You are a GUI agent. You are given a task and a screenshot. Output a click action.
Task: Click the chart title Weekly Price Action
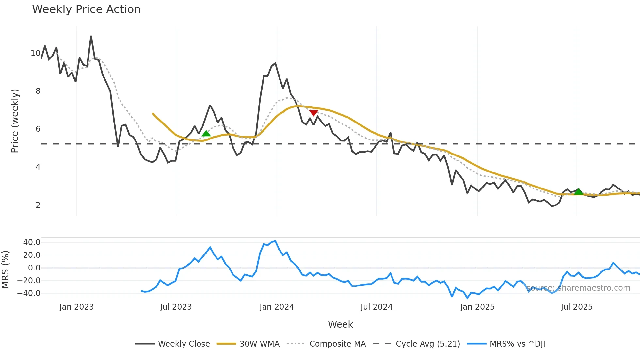tap(86, 9)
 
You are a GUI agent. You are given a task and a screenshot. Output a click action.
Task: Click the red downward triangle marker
tap(313, 113)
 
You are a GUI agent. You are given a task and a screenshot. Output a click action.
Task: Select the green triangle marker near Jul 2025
tap(578, 192)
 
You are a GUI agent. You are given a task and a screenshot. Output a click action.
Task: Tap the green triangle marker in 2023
tap(206, 133)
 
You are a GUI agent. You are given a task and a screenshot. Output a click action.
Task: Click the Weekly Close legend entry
tap(184, 344)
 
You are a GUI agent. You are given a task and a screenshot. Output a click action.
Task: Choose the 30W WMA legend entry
tap(259, 344)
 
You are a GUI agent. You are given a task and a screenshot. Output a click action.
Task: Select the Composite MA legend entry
tap(337, 344)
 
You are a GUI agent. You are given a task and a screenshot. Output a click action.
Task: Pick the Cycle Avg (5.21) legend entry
tap(428, 344)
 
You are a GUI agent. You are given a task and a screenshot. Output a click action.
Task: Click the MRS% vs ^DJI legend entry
tap(517, 344)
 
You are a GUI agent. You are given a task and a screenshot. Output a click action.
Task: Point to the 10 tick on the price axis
tap(35, 53)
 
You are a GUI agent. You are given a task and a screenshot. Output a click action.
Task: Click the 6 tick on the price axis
tap(38, 129)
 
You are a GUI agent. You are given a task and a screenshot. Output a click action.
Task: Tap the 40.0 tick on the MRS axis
tap(32, 242)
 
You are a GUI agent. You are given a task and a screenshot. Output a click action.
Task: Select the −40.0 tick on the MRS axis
tap(29, 293)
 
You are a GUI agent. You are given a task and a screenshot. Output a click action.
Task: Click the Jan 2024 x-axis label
tap(277, 307)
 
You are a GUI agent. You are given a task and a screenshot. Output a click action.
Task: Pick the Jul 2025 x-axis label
tap(576, 307)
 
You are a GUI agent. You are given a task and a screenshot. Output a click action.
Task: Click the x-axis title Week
tap(340, 324)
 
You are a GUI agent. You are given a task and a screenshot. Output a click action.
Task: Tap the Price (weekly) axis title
tap(15, 121)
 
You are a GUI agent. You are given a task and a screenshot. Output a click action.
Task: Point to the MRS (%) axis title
tap(5, 270)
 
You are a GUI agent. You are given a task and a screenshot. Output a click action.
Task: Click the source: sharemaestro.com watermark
tap(578, 288)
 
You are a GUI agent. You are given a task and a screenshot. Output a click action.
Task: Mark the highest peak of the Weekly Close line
tap(91, 36)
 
